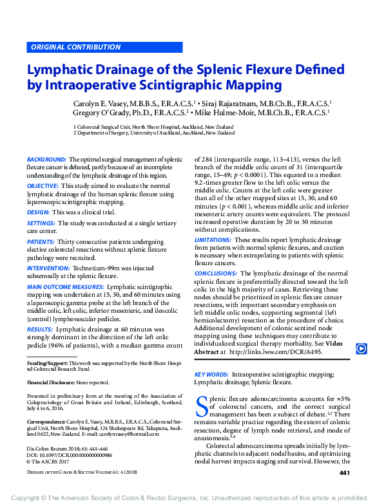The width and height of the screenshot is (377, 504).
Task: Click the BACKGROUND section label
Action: [46, 159]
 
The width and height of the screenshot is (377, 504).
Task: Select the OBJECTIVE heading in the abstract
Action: [43, 185]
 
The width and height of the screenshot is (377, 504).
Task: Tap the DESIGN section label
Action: [37, 212]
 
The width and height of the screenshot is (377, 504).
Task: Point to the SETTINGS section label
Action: [41, 223]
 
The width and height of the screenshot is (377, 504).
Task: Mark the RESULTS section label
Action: [39, 329]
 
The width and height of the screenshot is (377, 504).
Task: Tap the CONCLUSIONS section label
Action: [215, 273]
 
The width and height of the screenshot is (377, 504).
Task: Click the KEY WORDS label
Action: [211, 374]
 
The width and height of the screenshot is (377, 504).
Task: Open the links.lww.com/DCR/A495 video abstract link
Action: [282, 352]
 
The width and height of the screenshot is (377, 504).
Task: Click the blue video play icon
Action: [362, 348]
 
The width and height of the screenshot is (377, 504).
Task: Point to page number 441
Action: [344, 474]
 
